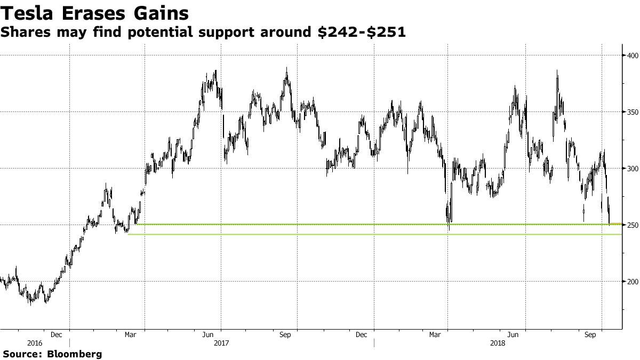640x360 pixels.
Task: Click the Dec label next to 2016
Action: coord(57,335)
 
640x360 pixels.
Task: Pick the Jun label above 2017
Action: coord(208,335)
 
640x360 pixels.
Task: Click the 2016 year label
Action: coord(35,343)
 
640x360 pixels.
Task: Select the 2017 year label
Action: coord(221,343)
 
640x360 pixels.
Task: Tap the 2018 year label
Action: coord(499,343)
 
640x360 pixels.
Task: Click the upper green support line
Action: coord(373,225)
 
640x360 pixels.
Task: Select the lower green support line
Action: coord(373,235)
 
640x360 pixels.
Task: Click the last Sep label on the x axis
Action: coord(590,335)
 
